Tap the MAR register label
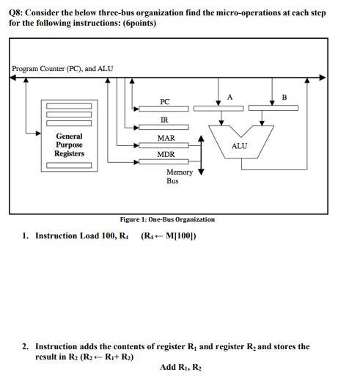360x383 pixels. pos(166,138)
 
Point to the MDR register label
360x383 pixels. pos(166,156)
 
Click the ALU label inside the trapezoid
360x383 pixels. pos(239,146)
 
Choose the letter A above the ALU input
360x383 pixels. pos(229,97)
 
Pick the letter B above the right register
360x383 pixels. pos(284,97)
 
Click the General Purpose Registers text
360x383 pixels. pos(70,145)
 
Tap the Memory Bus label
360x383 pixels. pos(179,176)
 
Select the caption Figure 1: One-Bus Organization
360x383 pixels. pos(168,219)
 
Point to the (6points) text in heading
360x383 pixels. pos(136,23)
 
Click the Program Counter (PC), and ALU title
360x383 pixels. pos(62,70)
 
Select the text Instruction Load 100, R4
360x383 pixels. pos(82,236)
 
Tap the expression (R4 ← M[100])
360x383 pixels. pos(168,236)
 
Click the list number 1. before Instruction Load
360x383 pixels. pos(26,236)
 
